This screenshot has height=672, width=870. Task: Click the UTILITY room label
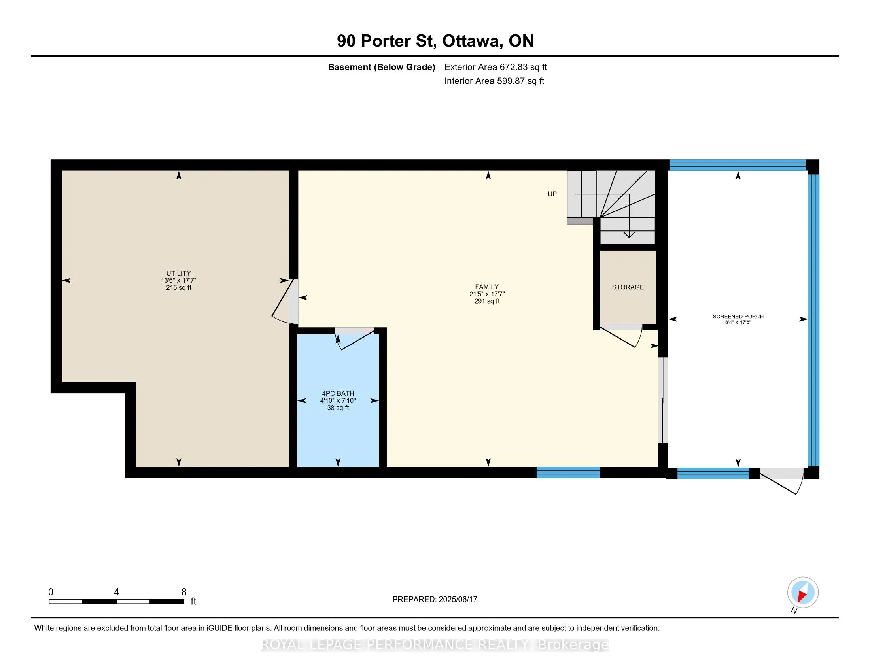point(178,273)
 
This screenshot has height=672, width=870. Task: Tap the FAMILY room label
point(487,287)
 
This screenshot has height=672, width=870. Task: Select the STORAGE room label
point(628,287)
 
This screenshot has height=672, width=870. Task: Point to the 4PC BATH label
point(338,393)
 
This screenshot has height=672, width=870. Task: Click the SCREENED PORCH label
point(738,317)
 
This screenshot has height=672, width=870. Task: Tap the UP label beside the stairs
point(552,194)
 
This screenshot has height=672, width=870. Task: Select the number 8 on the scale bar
point(183,592)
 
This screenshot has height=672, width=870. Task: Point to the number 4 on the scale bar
point(116,592)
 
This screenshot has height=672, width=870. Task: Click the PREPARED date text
point(435,600)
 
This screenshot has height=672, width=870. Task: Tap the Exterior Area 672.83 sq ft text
point(496,67)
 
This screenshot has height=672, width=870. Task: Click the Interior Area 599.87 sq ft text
point(494,81)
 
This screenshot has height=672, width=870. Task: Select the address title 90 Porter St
point(386,41)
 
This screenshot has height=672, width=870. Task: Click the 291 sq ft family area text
point(487,301)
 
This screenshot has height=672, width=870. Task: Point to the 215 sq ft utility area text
point(178,287)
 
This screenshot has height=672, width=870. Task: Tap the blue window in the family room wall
point(568,472)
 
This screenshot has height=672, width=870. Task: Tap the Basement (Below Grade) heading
point(381,67)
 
